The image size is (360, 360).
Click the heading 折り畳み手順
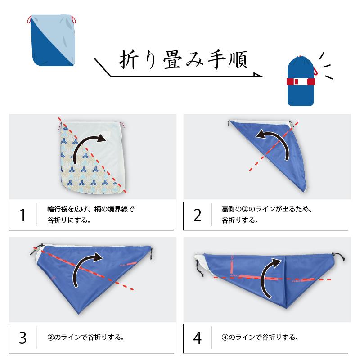tap(183, 59)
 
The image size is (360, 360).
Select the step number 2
tap(198, 216)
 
